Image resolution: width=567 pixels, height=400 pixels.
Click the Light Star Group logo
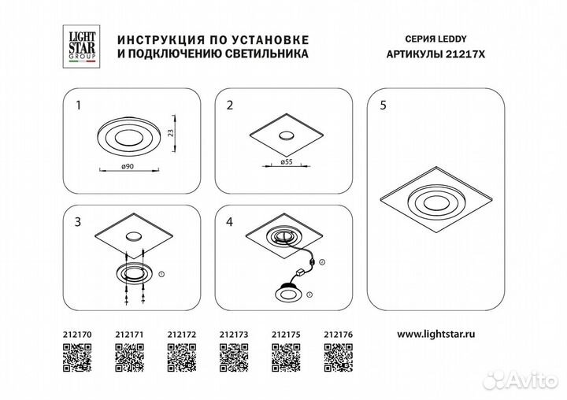point(81,46)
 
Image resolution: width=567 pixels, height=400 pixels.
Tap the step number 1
point(79,106)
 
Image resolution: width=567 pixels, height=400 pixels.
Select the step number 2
point(230,106)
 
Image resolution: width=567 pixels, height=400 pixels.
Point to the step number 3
point(78,222)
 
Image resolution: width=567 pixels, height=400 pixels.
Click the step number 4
point(230,222)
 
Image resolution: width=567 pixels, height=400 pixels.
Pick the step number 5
point(384,106)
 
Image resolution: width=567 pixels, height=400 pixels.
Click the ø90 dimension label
point(128,166)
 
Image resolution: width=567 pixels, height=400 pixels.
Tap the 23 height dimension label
point(171,133)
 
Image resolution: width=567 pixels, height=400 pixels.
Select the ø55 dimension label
point(286,162)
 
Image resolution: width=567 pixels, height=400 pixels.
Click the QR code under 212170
point(77,357)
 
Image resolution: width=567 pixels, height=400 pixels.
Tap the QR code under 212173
point(234,357)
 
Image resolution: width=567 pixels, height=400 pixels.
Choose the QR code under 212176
point(339,357)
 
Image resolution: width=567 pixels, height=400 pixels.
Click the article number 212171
point(129,335)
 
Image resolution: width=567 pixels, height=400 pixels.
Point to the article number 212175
point(286,335)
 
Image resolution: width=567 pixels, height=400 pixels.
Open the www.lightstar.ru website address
point(436,334)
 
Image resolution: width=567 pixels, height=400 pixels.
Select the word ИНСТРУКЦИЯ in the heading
point(158,40)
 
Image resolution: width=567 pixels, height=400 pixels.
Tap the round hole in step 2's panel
point(287,135)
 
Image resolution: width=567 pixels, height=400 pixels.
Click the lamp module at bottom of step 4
point(288,293)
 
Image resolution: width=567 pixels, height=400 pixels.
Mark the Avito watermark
point(521,380)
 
